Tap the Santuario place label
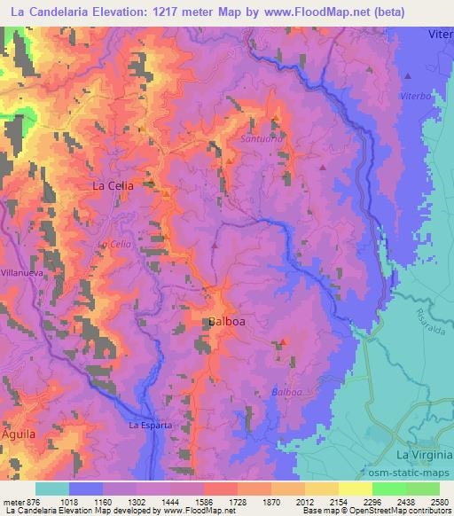260,139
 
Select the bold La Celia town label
113,186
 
